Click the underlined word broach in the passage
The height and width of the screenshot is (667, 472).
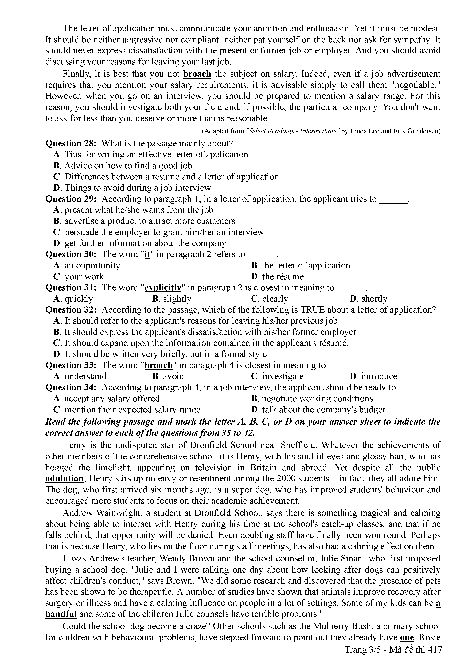coord(197,74)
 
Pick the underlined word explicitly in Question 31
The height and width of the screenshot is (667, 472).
coord(163,288)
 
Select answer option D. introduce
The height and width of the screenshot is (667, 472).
coord(373,376)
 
